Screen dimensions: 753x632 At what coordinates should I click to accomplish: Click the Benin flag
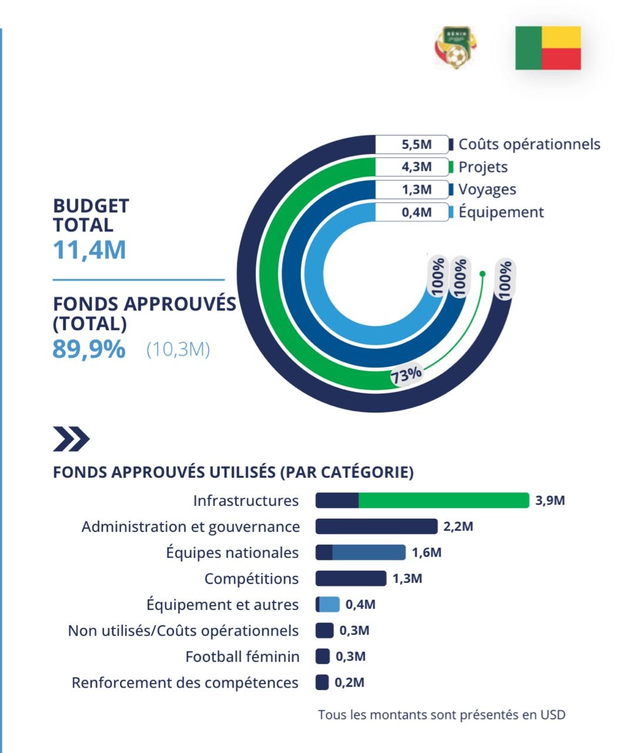click(x=548, y=48)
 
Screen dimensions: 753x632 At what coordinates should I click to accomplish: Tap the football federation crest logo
click(x=454, y=48)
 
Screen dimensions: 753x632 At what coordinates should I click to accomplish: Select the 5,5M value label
click(x=416, y=144)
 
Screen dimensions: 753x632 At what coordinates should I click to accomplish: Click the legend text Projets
click(x=483, y=167)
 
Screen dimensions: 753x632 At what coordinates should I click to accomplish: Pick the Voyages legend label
click(x=487, y=189)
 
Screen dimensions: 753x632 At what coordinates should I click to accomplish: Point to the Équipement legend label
click(x=501, y=212)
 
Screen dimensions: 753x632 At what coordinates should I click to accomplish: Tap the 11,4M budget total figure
click(x=89, y=249)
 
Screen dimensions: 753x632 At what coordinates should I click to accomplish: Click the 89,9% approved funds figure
click(x=89, y=349)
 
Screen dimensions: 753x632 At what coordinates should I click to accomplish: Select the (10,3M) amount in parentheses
click(x=178, y=349)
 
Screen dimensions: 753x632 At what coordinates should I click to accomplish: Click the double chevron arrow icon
click(x=71, y=439)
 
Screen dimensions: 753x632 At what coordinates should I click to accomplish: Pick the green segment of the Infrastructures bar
click(x=443, y=501)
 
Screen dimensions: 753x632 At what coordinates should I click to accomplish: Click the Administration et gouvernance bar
click(x=376, y=527)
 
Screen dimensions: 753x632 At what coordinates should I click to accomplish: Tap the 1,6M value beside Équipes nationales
click(x=426, y=552)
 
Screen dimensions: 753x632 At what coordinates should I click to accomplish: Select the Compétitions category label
click(x=251, y=579)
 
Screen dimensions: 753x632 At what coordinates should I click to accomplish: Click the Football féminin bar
click(x=322, y=657)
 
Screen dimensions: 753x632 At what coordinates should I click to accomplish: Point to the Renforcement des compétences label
click(x=185, y=682)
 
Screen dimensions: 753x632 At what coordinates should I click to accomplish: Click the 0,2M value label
click(x=349, y=682)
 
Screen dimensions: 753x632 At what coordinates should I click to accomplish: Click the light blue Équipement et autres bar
click(x=329, y=605)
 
